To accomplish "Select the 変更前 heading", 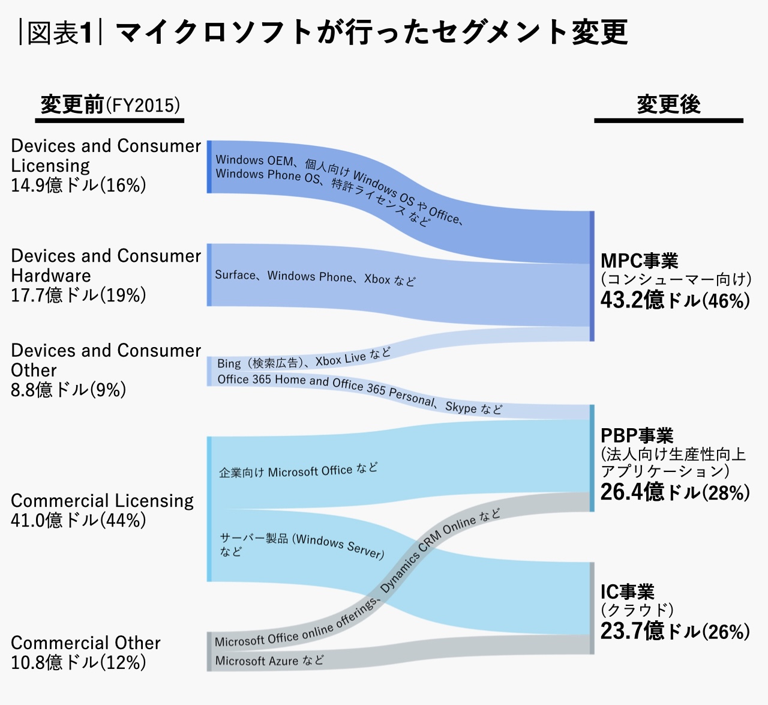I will tap(73, 105).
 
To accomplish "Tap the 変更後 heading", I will tap(668, 104).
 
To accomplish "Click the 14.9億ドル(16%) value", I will tap(79, 185).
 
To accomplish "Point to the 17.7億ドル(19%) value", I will tap(79, 295).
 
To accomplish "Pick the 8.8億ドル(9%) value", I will tap(68, 390).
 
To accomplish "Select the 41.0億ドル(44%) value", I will tap(79, 520).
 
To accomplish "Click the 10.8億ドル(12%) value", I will tap(79, 662).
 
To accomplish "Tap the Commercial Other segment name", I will tap(86, 643).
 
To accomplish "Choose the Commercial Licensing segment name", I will tap(102, 500).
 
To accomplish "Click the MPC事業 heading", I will tap(640, 261).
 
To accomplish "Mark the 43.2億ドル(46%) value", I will tap(675, 300).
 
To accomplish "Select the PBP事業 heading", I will tap(637, 435).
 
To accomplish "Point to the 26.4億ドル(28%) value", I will tap(675, 492).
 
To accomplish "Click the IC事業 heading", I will tap(628, 592).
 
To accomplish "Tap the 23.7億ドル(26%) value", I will tap(675, 631).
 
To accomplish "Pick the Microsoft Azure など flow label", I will tap(269, 661).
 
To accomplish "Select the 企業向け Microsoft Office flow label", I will tap(298, 471).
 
